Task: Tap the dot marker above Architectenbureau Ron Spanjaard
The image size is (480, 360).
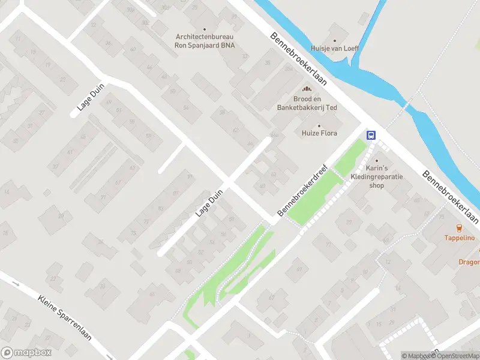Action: point(205,29)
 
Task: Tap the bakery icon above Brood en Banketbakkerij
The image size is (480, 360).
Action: point(298,89)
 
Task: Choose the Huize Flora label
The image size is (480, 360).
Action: point(319,133)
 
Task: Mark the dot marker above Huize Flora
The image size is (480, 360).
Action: point(319,125)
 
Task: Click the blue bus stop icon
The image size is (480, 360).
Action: point(371,135)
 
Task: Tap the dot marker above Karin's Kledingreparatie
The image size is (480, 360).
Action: point(377,161)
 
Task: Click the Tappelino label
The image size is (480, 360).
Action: point(459,238)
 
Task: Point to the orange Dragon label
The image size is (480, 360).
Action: point(469,262)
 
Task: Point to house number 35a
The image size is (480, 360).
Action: point(289,69)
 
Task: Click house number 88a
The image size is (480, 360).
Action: point(274,136)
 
